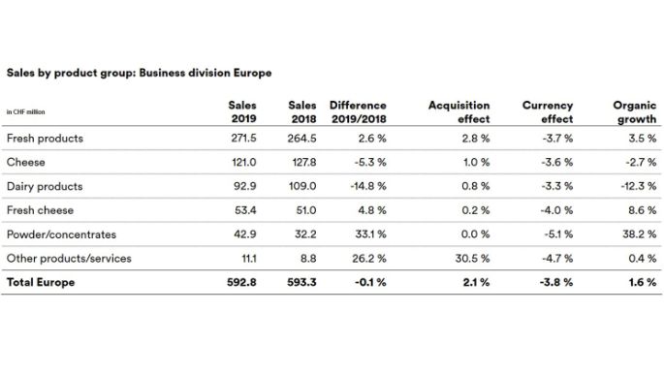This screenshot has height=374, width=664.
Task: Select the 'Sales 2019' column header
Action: tap(241, 111)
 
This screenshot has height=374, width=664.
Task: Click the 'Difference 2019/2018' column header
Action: tap(358, 111)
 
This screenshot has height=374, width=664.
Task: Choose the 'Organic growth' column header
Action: tap(635, 111)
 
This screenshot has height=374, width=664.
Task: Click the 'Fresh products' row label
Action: tap(45, 139)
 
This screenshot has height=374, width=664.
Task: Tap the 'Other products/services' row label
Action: tap(68, 259)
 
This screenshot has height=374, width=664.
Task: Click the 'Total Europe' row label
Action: tap(41, 283)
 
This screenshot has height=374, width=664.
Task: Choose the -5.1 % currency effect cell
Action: tap(555, 234)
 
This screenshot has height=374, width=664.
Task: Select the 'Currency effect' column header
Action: tap(548, 111)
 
